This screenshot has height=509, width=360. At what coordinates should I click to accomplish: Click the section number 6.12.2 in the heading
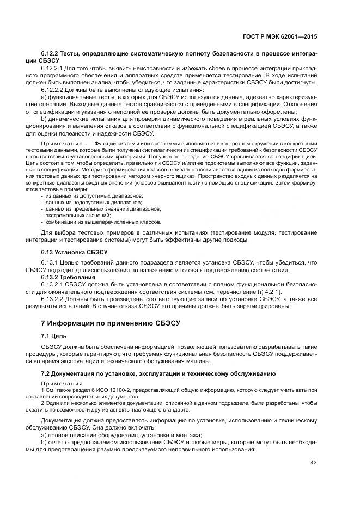[x=52, y=55]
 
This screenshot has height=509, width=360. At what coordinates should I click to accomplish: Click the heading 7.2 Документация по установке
[x=158, y=373]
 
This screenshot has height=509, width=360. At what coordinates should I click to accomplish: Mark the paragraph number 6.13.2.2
[x=53, y=298]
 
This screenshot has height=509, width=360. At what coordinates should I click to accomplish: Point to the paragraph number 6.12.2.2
[x=53, y=90]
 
